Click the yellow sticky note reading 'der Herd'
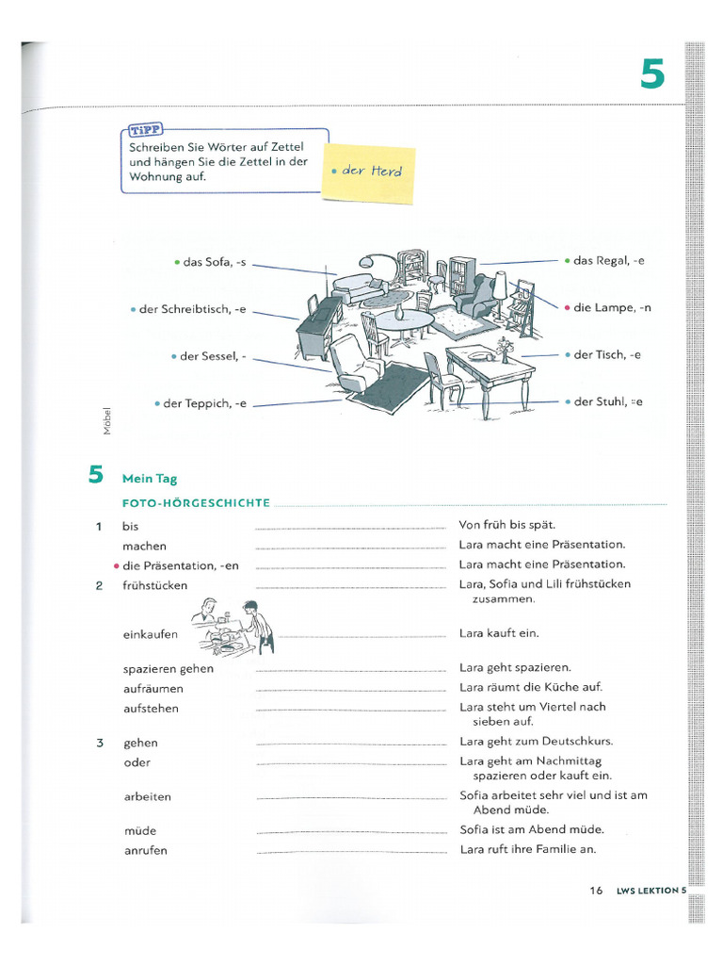click(369, 172)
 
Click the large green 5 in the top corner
click(652, 74)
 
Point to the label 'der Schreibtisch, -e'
click(192, 309)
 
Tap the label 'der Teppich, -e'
click(204, 403)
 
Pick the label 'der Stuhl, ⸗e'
click(608, 401)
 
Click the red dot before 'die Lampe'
click(567, 308)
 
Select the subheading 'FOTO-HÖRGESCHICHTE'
click(196, 503)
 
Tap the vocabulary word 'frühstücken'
click(154, 585)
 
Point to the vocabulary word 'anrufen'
click(145, 850)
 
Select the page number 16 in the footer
click(596, 890)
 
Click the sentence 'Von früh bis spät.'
click(507, 524)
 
